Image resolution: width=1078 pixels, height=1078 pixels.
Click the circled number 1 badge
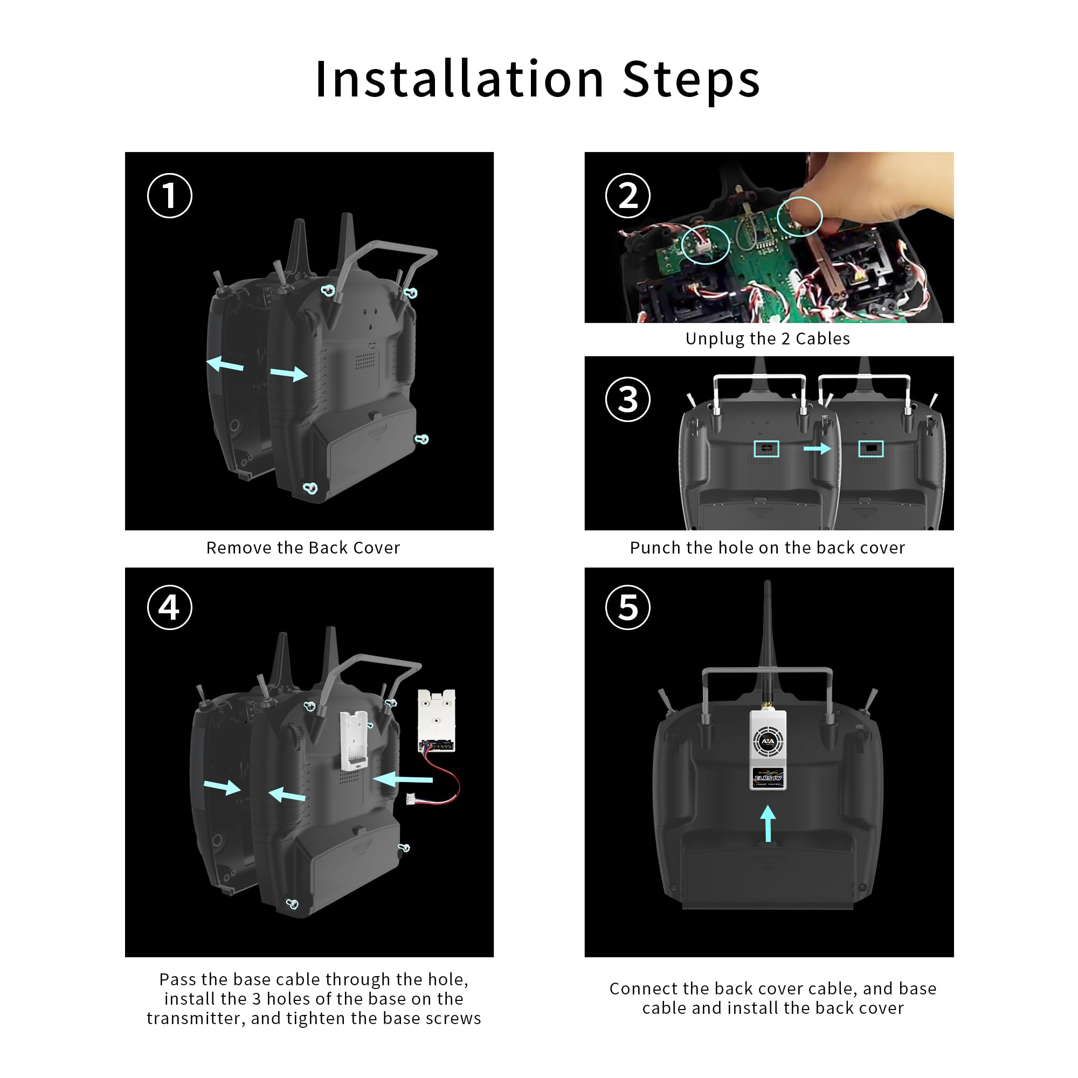[170, 196]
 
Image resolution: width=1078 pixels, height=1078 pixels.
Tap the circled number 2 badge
[628, 196]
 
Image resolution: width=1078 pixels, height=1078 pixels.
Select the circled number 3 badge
[628, 399]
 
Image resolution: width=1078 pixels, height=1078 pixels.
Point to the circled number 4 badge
[170, 607]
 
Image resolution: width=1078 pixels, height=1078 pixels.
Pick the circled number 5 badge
[628, 607]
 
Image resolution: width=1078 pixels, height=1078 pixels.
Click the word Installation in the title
[460, 79]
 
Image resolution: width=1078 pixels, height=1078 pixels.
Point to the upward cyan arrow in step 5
[768, 823]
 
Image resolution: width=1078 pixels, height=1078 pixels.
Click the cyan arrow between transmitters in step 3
[817, 448]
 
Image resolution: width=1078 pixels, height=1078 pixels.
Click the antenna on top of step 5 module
[767, 641]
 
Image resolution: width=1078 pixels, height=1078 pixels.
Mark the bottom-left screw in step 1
[310, 488]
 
